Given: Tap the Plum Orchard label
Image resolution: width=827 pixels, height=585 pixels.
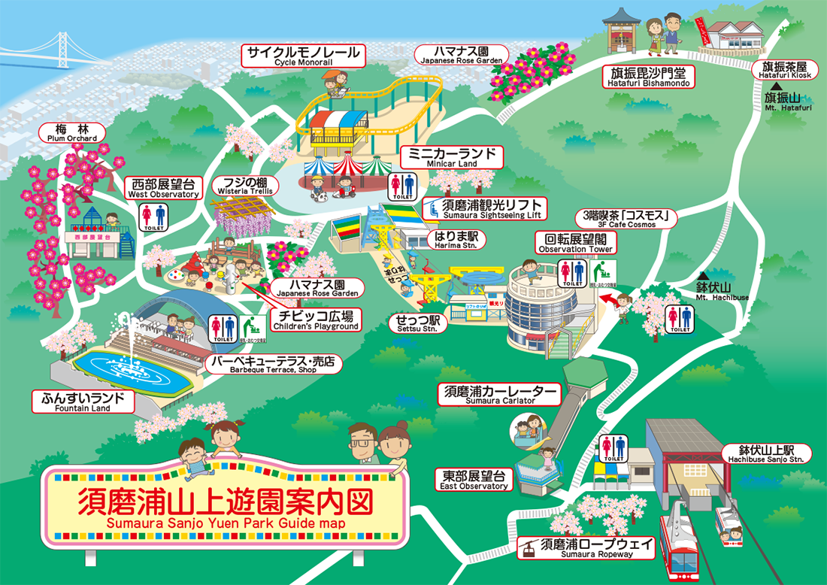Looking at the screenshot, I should [x=71, y=133].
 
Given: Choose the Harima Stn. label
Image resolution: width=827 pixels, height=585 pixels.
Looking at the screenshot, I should [x=457, y=239].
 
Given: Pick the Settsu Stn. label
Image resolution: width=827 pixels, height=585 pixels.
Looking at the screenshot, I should [x=420, y=323].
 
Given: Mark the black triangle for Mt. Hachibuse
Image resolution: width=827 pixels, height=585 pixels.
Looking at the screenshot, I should [x=703, y=276].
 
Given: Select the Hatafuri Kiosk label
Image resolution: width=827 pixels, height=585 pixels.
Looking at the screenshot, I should [x=782, y=71].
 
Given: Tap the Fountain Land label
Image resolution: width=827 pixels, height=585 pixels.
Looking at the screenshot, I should [x=82, y=402].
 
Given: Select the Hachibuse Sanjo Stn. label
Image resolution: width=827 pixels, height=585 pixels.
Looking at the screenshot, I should [x=768, y=453].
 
